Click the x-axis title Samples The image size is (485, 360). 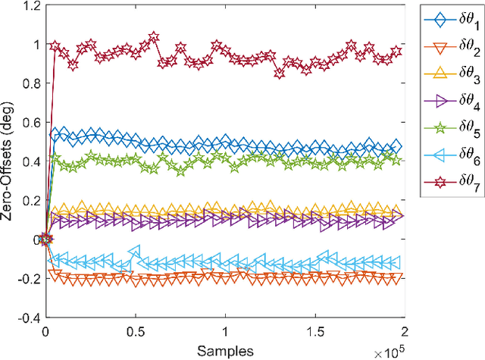(x=224, y=350)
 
